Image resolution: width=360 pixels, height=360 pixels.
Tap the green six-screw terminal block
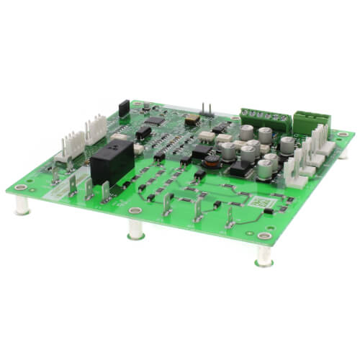[265, 117]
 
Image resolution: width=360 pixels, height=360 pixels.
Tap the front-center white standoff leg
[135, 230]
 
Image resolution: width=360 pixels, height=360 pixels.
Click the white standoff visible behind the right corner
[343, 153]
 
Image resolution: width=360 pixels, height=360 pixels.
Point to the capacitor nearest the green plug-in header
[287, 144]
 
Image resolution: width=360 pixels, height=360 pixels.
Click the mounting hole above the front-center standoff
[135, 211]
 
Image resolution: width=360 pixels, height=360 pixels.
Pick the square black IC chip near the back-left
[143, 132]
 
